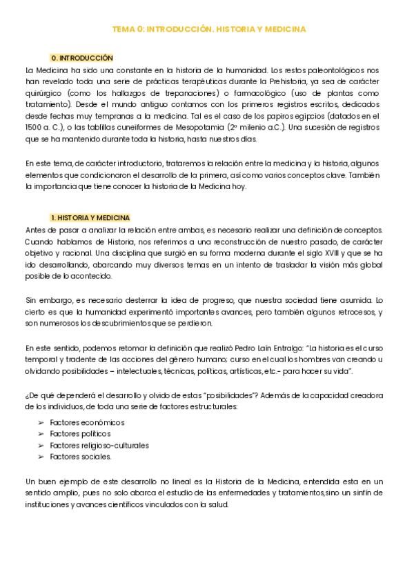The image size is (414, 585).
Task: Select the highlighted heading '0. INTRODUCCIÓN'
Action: click(81, 58)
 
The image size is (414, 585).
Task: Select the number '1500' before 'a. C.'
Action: click(33, 128)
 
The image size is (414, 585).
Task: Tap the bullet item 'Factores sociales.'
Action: click(80, 457)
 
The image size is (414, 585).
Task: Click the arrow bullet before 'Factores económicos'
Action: click(41, 422)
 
